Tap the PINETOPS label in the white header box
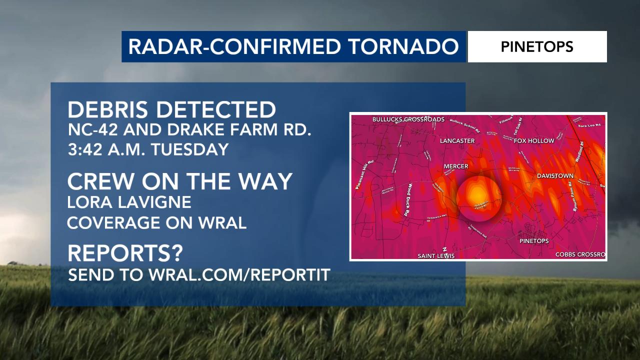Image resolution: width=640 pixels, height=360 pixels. pos(537,47)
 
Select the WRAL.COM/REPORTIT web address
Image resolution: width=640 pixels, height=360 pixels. pos(239,274)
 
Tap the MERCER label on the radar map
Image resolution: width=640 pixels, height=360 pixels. pos(456,166)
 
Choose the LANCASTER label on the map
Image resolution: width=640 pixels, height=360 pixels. pos(457,141)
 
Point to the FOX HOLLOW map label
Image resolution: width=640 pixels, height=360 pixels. pos(534,141)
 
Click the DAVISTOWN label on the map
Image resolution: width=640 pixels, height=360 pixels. pos(555,176)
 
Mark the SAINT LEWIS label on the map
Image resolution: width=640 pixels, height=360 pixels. pos(436,256)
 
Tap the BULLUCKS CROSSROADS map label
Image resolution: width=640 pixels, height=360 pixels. pos(408,119)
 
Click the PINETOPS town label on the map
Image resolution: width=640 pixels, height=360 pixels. pos(534,241)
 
